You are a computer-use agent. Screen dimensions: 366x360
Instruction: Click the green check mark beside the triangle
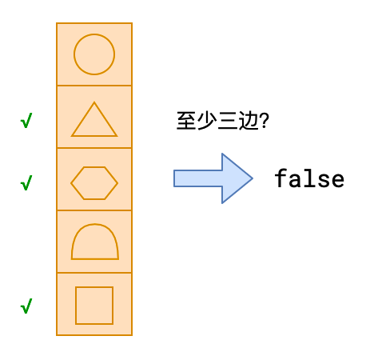[26, 121]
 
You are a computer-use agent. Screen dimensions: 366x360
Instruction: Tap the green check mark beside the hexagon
[26, 183]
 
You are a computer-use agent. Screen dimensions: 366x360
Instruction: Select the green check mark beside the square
[26, 306]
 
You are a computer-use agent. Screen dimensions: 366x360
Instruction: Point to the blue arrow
[213, 178]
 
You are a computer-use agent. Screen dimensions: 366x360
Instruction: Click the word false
[309, 178]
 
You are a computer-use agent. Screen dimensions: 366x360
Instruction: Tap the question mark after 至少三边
[264, 121]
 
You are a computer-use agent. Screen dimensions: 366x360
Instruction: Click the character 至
[186, 121]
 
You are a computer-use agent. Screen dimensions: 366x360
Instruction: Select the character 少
[207, 121]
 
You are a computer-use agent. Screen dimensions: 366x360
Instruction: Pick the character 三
[227, 121]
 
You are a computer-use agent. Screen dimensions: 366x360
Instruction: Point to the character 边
[249, 121]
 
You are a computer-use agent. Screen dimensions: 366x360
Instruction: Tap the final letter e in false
[338, 180]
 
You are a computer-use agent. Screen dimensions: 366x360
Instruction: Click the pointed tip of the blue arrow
[253, 178]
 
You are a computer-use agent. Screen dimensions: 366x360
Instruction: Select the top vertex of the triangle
[94, 102]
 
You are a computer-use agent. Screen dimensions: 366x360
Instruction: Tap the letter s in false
[324, 180]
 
